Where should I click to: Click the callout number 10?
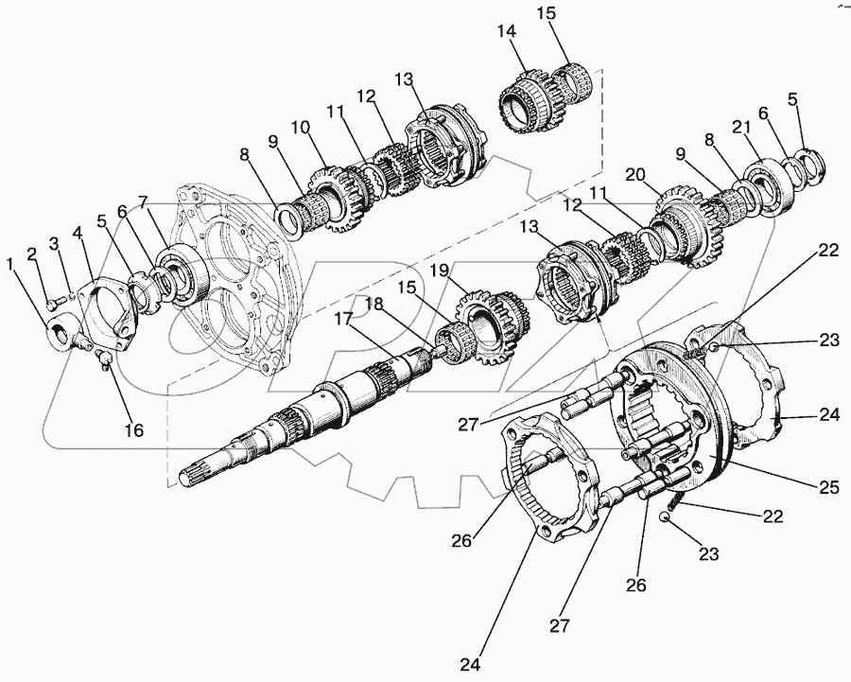click(x=300, y=127)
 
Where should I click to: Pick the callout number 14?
click(x=507, y=32)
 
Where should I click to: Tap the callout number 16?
click(x=133, y=430)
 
